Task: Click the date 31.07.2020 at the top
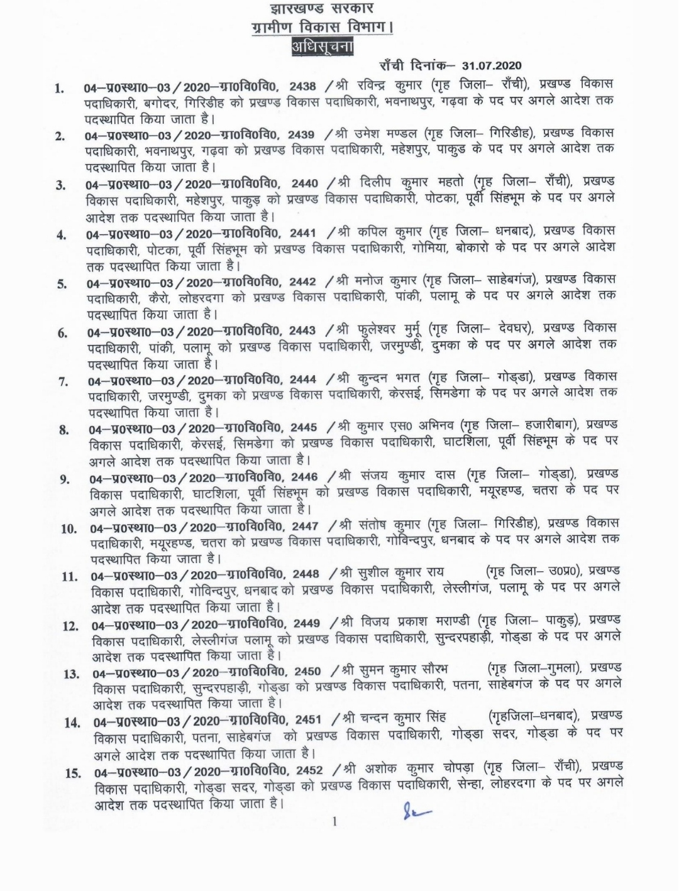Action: (491, 65)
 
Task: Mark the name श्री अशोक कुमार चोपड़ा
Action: (414, 769)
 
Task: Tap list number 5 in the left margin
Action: (62, 284)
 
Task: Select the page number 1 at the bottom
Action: (334, 821)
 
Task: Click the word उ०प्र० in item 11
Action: (568, 572)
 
